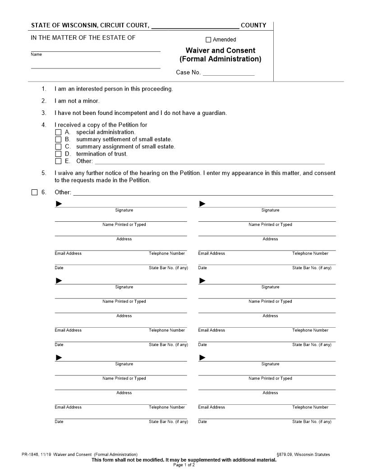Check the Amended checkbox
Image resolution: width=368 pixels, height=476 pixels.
(x=208, y=40)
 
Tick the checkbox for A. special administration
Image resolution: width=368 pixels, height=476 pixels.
(x=58, y=133)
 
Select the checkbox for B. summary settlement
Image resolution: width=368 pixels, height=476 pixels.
(x=58, y=140)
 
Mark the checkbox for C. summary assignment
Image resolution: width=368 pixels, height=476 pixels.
(x=58, y=147)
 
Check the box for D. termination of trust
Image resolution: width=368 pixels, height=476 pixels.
(x=58, y=154)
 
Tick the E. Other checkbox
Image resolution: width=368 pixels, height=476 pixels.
(x=58, y=161)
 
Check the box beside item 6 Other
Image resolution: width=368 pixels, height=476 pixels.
(x=35, y=192)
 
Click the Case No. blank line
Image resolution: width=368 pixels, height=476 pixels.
(x=229, y=73)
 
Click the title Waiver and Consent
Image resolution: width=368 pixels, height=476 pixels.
(x=220, y=50)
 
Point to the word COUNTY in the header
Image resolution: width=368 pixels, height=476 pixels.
(x=253, y=26)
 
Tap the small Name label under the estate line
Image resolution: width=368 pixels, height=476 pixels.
(x=36, y=55)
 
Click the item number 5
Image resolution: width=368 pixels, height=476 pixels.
(x=44, y=173)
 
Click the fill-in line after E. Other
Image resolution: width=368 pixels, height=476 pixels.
(x=209, y=162)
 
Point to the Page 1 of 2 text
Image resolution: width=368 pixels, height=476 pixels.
(x=184, y=465)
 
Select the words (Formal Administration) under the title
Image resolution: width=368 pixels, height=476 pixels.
(x=220, y=59)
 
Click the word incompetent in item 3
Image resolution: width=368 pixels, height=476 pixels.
(x=132, y=113)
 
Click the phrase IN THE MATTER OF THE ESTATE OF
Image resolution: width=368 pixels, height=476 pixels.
(x=83, y=38)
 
